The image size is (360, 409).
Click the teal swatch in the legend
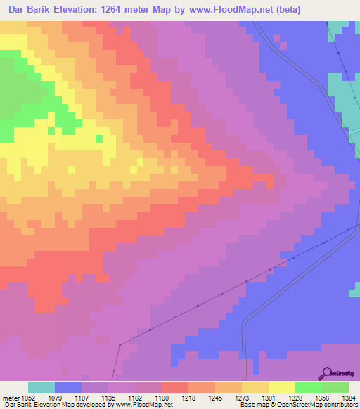click(x=41, y=387)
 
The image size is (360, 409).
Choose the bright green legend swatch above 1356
click(x=309, y=387)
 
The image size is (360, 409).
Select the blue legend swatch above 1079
click(x=68, y=387)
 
